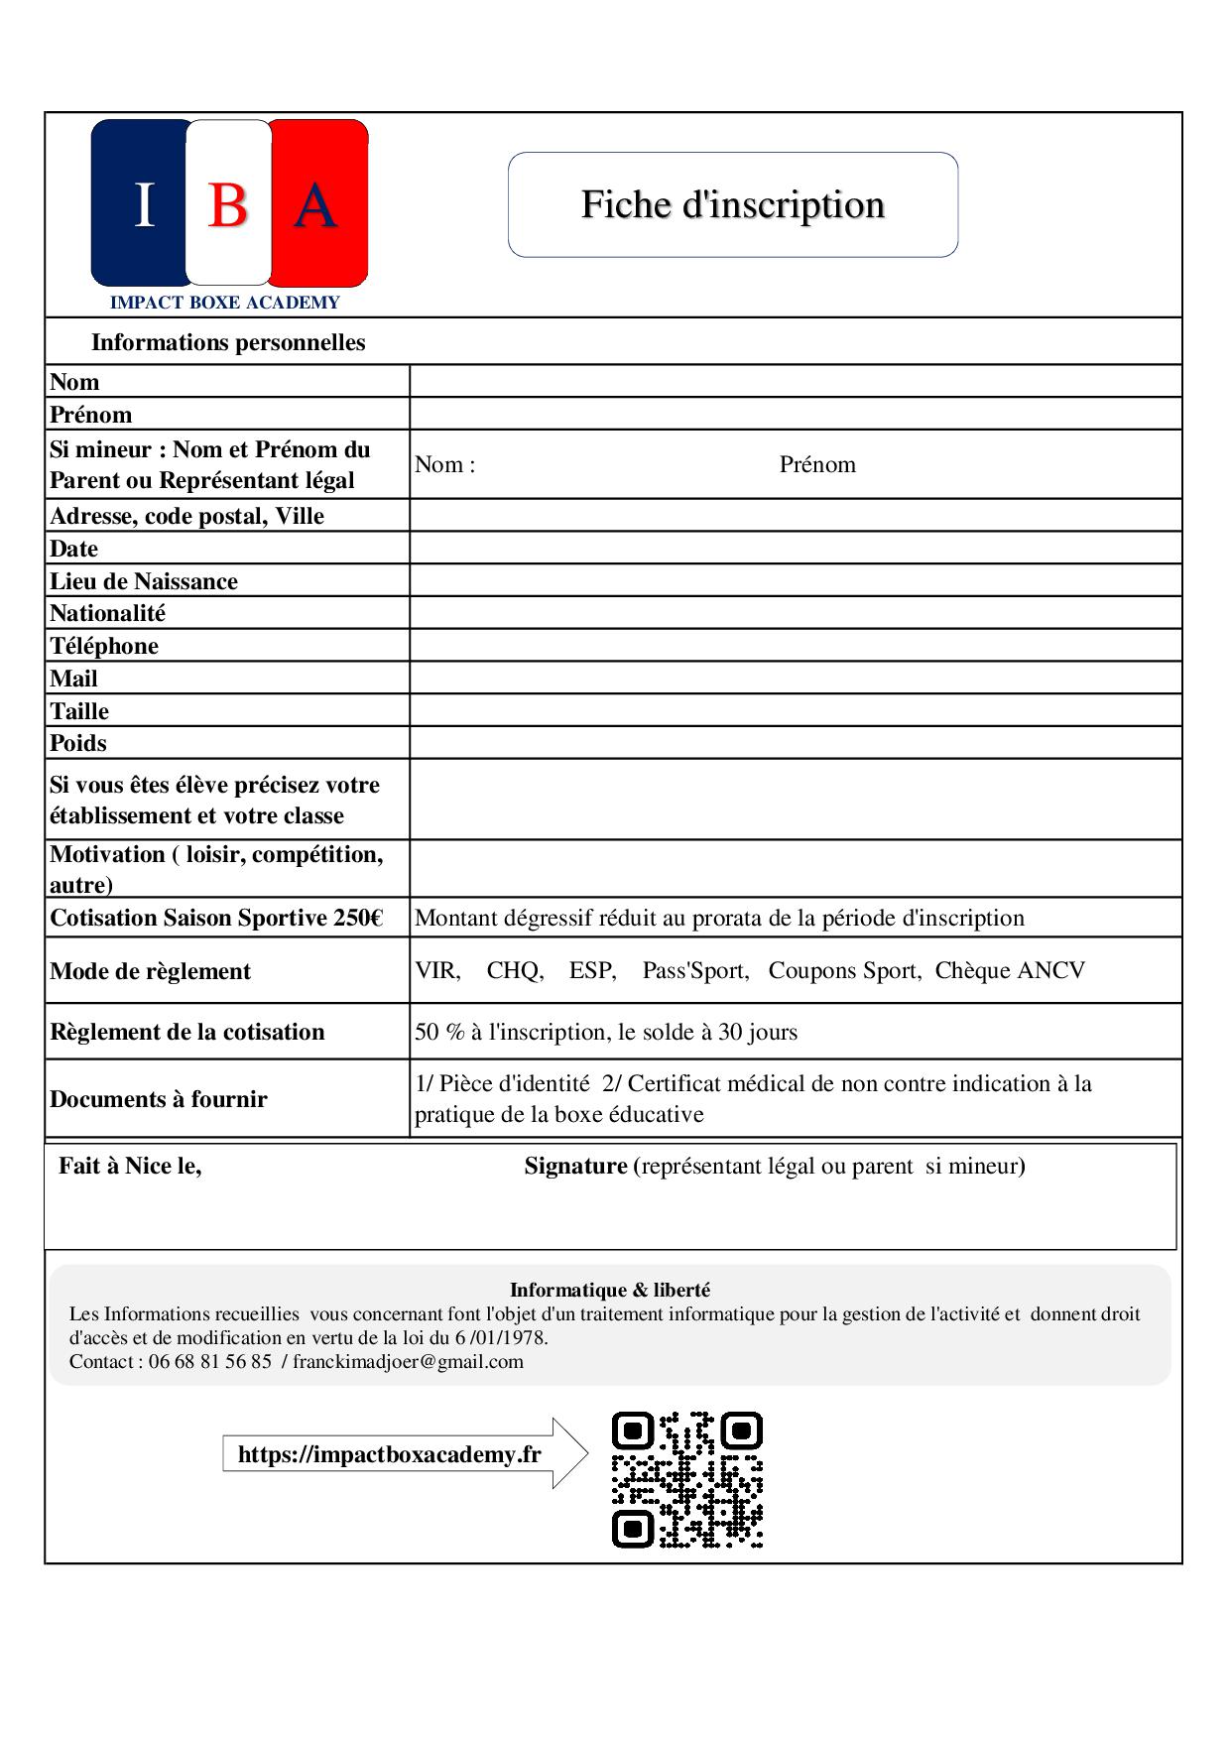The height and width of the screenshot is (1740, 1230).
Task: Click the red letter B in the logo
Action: click(227, 206)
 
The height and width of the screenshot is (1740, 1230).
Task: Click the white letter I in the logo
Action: click(145, 206)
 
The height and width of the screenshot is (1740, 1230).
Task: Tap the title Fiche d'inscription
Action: click(732, 204)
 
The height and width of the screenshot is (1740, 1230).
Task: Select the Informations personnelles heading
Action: click(228, 342)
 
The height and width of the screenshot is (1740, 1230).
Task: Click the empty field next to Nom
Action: click(795, 381)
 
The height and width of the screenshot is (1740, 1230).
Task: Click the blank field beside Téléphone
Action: click(795, 646)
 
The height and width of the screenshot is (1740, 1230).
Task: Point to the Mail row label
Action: click(74, 679)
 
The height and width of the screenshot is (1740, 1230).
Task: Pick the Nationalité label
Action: click(107, 613)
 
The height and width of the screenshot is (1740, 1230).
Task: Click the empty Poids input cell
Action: click(795, 743)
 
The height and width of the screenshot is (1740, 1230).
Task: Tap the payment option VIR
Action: click(436, 970)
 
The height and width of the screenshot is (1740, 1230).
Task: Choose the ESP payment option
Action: click(591, 970)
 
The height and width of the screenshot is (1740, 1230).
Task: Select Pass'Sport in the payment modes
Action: click(694, 970)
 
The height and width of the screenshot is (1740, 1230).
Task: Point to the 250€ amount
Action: click(358, 918)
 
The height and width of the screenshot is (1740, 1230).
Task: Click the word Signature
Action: click(575, 1166)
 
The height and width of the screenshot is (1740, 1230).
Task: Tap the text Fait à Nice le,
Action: click(130, 1166)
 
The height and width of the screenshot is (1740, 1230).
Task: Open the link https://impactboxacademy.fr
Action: click(389, 1454)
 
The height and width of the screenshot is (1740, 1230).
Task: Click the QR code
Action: click(686, 1479)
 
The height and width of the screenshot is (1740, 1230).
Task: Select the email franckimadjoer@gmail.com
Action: click(408, 1361)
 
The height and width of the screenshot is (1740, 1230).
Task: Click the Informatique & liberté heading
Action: click(609, 1290)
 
